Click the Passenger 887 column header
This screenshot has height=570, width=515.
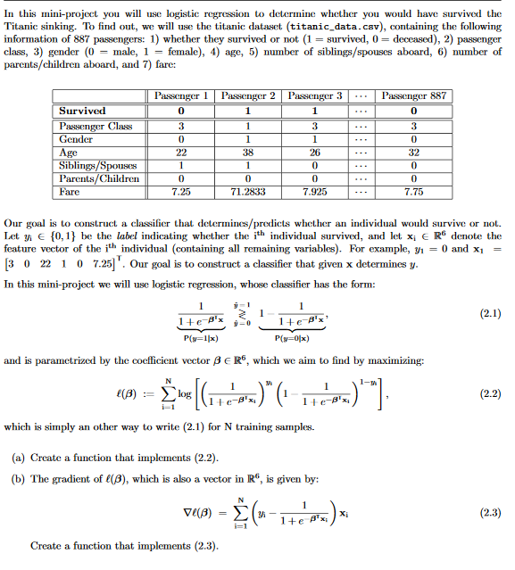pyautogui.click(x=411, y=95)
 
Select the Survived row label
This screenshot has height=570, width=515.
pyautogui.click(x=82, y=111)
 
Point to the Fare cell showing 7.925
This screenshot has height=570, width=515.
pyautogui.click(x=315, y=192)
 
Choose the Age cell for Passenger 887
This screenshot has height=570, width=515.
pyautogui.click(x=411, y=152)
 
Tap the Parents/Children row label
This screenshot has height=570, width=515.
pyautogui.click(x=98, y=178)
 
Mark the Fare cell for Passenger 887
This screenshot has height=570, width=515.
pyautogui.click(x=411, y=192)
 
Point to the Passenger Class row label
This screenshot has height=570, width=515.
pyautogui.click(x=96, y=126)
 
